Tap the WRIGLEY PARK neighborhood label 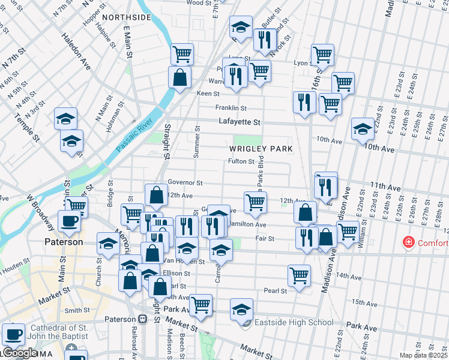point(260,148)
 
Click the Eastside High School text point(294,323)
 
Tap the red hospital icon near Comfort point(409,243)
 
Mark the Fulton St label point(241,161)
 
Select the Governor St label point(185,182)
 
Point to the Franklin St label point(231,108)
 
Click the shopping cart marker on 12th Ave point(255,202)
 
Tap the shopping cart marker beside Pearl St point(299,275)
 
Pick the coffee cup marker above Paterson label point(70,220)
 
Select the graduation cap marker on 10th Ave point(363,128)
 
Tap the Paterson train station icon point(143,319)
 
